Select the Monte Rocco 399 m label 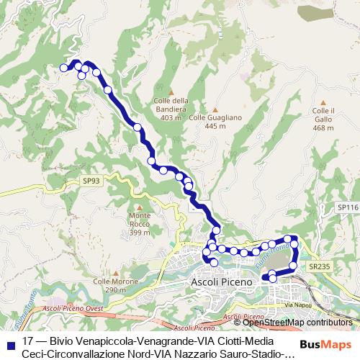[140, 224]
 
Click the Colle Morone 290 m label [111, 285]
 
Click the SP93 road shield [91, 181]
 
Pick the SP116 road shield [347, 207]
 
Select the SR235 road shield [319, 266]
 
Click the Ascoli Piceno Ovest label [72, 307]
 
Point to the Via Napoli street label [299, 305]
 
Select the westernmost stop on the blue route [63, 68]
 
